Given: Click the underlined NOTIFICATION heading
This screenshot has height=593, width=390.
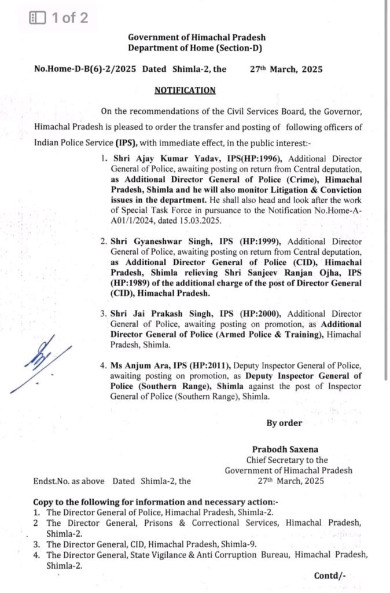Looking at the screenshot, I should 185,90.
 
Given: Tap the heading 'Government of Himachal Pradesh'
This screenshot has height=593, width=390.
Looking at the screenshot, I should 196,37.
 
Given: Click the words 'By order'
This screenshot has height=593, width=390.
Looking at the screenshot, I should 284,423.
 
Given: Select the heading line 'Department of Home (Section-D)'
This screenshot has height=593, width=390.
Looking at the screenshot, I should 196,47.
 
